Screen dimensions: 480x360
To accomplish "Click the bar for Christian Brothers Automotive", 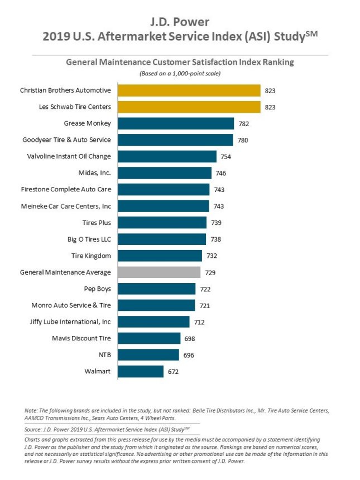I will pos(189,90).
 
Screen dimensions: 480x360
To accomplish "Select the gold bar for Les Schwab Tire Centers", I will pos(189,107).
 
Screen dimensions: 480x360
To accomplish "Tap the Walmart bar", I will pos(141,371).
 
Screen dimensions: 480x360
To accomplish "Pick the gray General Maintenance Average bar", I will pos(159,272).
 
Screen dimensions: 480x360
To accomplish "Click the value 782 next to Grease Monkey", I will pos(243,123).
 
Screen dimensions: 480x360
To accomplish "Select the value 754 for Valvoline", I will pos(225,156).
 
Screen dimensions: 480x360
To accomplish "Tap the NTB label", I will pos(103,354).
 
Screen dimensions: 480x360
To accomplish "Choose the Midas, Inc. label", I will pos(95,173).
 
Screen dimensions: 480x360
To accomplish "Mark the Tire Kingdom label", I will pos(91,256).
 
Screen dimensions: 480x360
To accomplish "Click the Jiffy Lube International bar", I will pos(153,321).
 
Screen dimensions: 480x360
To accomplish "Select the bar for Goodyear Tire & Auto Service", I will pos(175,140).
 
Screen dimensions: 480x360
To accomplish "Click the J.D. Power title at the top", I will pos(180,22).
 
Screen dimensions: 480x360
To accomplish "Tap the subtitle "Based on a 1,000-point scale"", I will pos(180,74).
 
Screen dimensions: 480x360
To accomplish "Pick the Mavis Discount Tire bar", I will pos(149,338).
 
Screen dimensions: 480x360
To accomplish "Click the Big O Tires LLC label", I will pos(89,239).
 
